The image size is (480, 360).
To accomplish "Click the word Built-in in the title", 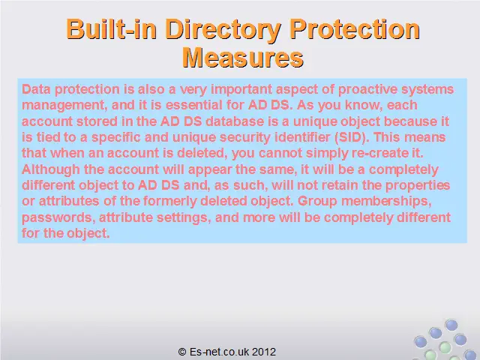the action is tap(112, 29).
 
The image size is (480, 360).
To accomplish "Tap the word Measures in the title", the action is tap(243, 57).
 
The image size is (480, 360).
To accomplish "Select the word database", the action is tap(235, 121).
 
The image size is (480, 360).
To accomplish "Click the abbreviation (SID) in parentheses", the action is tap(352, 137).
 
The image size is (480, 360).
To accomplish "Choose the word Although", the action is tap(51, 170).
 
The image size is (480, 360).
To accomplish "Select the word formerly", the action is tap(169, 202).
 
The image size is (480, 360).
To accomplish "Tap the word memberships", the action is tap(386, 202).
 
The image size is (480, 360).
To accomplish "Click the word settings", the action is tap(184, 218).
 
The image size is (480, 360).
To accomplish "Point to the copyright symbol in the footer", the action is tap(182, 352).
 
